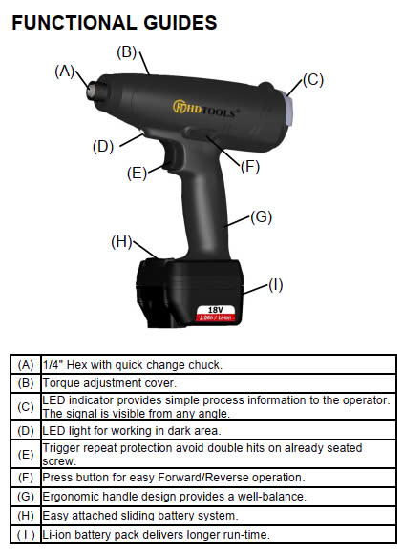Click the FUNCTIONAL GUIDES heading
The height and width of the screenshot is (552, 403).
click(115, 23)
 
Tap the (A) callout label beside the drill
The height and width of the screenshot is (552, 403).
click(65, 72)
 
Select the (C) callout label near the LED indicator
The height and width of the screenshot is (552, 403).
click(313, 79)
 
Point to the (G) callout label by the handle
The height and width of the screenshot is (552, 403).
click(262, 216)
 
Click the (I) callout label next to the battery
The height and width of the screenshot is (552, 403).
click(276, 285)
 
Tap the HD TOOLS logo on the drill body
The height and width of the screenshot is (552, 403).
click(206, 109)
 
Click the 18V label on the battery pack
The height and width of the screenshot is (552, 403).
click(216, 310)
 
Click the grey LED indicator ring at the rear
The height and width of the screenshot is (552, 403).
click(288, 109)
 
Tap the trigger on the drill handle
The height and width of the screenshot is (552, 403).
click(170, 157)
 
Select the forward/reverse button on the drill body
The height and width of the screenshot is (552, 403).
click(201, 133)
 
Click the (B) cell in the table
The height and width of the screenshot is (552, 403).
click(26, 383)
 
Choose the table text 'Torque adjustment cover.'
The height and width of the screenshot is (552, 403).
click(109, 383)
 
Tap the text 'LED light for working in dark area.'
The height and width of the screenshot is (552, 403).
click(132, 431)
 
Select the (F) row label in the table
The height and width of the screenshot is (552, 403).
click(26, 478)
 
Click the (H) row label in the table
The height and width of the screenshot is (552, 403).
click(26, 516)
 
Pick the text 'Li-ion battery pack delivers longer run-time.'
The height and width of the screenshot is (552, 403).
click(156, 535)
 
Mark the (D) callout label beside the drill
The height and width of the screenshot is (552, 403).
click(103, 147)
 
